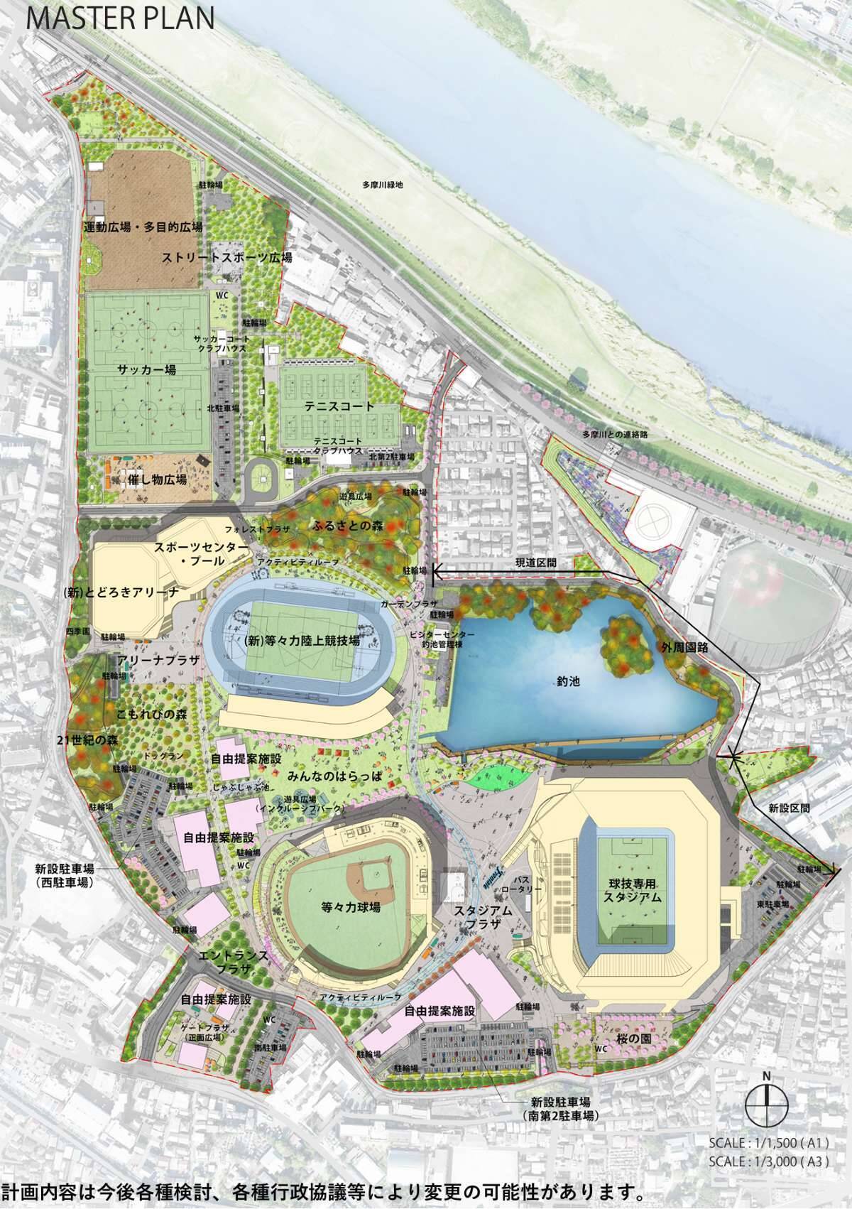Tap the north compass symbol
coord(767,1099)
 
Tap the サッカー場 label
coord(148,371)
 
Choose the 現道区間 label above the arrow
coord(536,563)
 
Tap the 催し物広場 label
coord(158,480)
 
